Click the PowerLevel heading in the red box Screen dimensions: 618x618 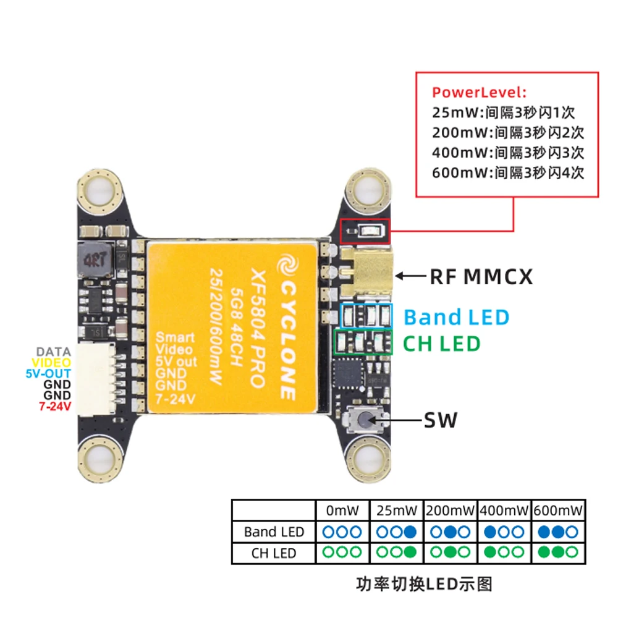pyautogui.click(x=479, y=93)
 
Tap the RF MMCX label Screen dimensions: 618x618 pyautogui.click(x=481, y=276)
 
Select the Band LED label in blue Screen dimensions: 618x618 pyautogui.click(x=457, y=317)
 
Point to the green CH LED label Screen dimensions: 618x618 pyautogui.click(x=441, y=343)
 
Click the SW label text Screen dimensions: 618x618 pyautogui.click(x=440, y=421)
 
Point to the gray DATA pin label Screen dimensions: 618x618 pyautogui.click(x=54, y=352)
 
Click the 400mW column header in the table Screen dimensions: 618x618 pyautogui.click(x=504, y=510)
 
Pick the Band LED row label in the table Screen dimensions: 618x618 pyautogui.click(x=274, y=531)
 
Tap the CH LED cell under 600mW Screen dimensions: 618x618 pyautogui.click(x=559, y=552)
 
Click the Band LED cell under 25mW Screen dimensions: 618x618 pyautogui.click(x=396, y=531)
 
